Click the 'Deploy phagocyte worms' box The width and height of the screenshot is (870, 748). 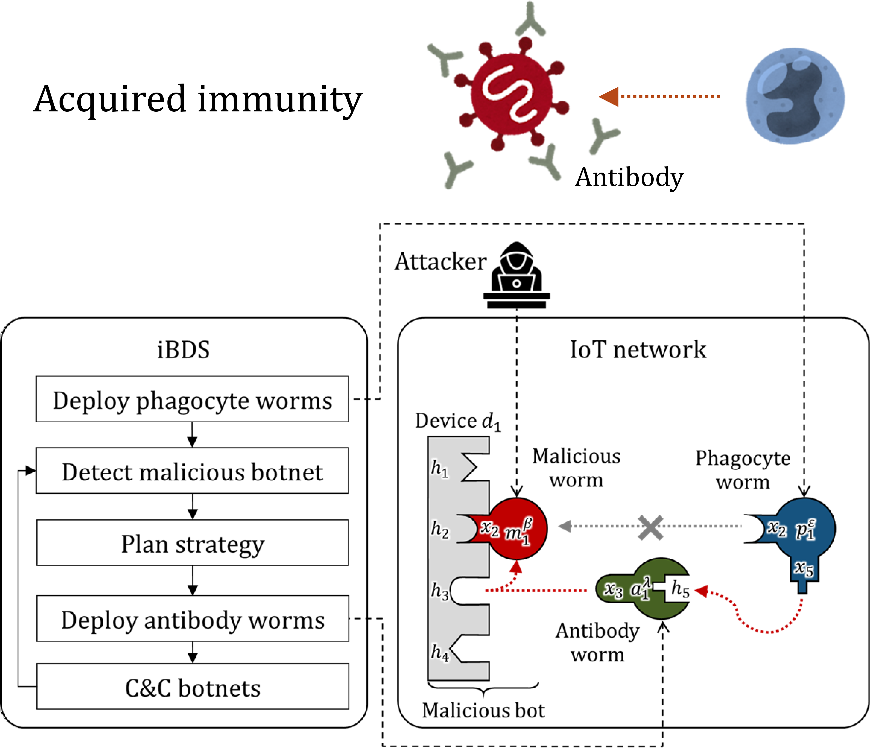(192, 399)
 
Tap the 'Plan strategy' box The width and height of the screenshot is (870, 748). (192, 543)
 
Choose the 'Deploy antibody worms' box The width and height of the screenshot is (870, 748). (192, 619)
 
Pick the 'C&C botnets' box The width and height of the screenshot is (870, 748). (192, 687)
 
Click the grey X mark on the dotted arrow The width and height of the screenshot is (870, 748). (650, 527)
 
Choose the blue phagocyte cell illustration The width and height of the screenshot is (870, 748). (795, 96)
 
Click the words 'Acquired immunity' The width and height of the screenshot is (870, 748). (197, 99)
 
